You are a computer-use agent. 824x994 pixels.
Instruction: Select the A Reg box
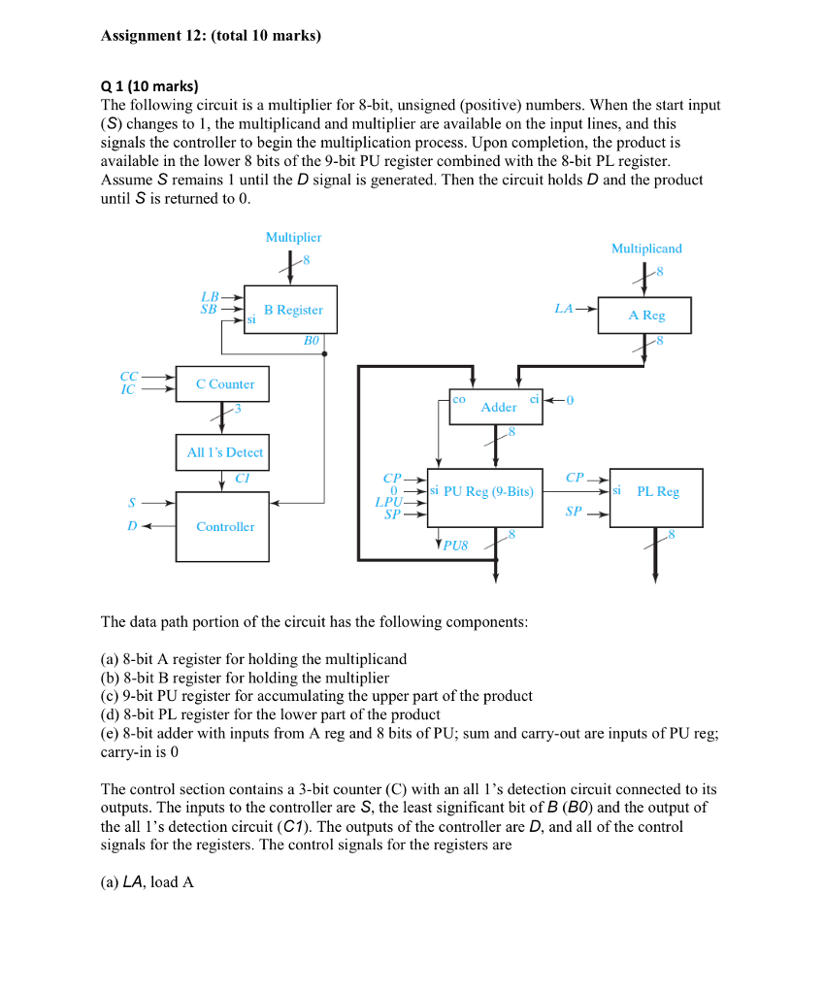645,315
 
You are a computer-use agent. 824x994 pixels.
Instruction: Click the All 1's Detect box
224,452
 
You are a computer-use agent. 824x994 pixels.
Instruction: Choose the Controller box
224,526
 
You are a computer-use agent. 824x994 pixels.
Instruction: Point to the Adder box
497,407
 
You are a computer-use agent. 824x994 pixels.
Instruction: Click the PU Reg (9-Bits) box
481,492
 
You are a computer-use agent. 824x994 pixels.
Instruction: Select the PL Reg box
656,492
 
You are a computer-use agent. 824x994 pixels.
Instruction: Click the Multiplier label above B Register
293,237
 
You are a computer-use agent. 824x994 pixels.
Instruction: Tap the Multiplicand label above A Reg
646,248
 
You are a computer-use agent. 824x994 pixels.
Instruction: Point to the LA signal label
564,309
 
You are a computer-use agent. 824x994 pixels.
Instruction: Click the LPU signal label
388,502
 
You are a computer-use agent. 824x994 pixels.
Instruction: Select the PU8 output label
455,546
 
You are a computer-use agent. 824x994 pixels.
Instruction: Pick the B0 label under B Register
311,341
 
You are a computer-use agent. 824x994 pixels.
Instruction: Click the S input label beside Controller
132,503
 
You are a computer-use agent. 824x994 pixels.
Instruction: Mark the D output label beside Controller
132,526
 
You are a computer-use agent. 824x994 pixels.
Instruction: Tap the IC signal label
127,390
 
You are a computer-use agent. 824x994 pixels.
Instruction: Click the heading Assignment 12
210,36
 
